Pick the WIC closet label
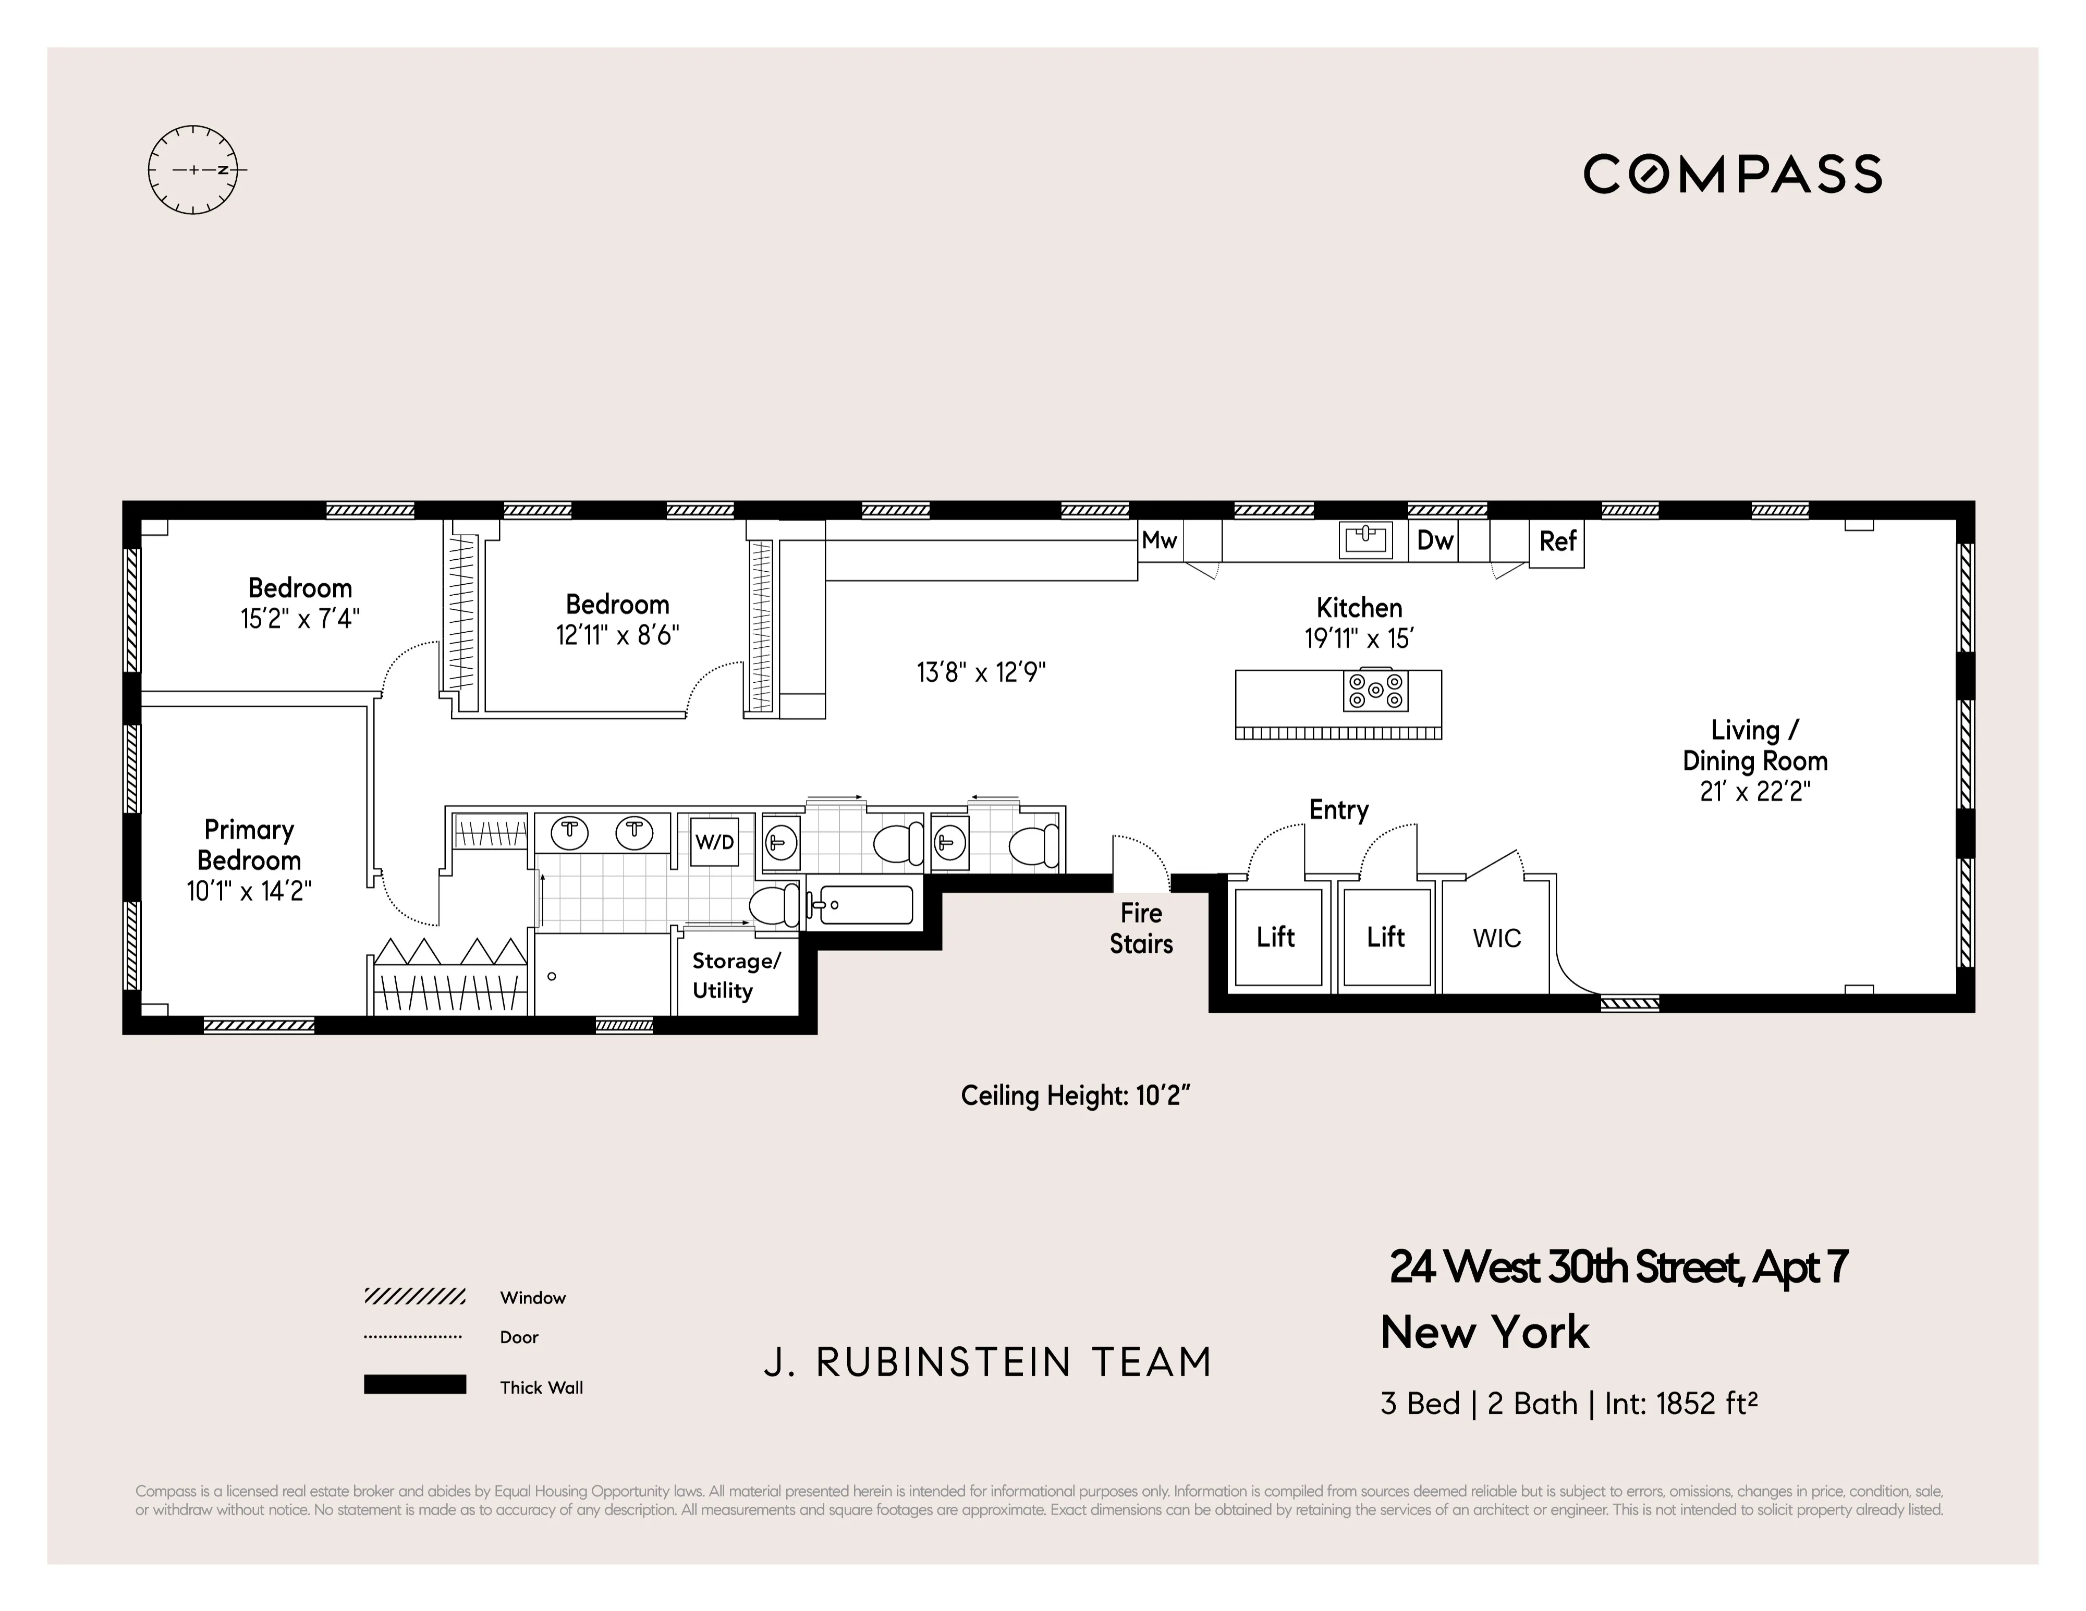click(1497, 939)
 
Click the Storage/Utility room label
click(736, 975)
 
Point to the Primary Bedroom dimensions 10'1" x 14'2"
click(249, 891)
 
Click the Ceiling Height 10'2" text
click(1076, 1096)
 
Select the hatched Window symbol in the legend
click(414, 1296)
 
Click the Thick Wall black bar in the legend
click(414, 1385)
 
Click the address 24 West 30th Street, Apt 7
click(1618, 1267)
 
